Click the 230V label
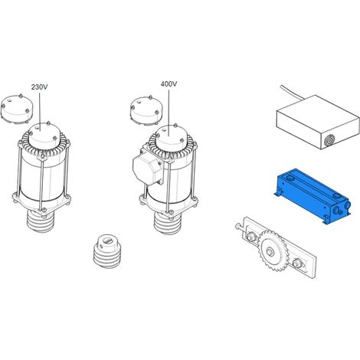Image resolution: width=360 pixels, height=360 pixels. pos(39,87)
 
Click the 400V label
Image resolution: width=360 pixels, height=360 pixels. pos(169,84)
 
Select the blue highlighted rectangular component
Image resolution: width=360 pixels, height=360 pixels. pos(313,196)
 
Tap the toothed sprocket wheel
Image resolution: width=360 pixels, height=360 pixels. pos(273,251)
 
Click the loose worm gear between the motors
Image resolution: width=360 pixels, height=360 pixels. pos(106,251)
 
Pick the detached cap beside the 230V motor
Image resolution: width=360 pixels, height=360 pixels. pos(16,109)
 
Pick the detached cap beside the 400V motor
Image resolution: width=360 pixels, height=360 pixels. pos(146,111)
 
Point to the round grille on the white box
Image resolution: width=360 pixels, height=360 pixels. pos(329,140)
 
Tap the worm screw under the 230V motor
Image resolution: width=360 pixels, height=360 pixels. pos(40,221)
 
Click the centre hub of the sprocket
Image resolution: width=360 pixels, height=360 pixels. pos(270,252)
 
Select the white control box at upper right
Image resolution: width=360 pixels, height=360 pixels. pos(318,122)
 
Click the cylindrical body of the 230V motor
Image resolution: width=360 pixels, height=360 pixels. pos(42,178)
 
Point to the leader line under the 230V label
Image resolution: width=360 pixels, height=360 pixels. pos(40,111)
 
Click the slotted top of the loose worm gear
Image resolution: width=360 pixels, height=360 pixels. pos(107,241)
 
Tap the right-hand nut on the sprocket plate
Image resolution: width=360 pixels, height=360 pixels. pos(297,263)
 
